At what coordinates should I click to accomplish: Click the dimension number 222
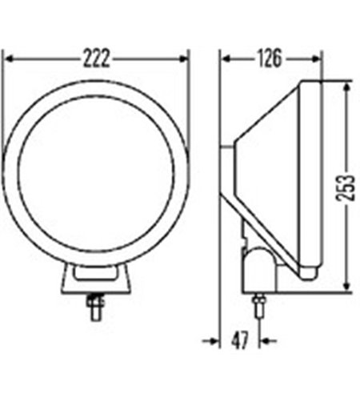click(x=96, y=58)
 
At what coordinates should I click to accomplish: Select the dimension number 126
click(x=269, y=58)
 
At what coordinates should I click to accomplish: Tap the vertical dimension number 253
click(x=346, y=187)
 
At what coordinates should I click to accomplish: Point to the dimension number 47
click(x=240, y=340)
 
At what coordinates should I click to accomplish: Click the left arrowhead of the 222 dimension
click(x=10, y=58)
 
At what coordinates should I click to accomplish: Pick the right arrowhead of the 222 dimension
click(x=183, y=58)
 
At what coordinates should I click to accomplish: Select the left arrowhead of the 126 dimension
click(x=226, y=58)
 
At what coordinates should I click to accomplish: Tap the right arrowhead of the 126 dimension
click(x=315, y=58)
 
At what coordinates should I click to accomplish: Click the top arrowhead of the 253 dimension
click(x=346, y=87)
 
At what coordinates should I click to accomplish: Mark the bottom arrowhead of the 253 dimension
click(x=346, y=285)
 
